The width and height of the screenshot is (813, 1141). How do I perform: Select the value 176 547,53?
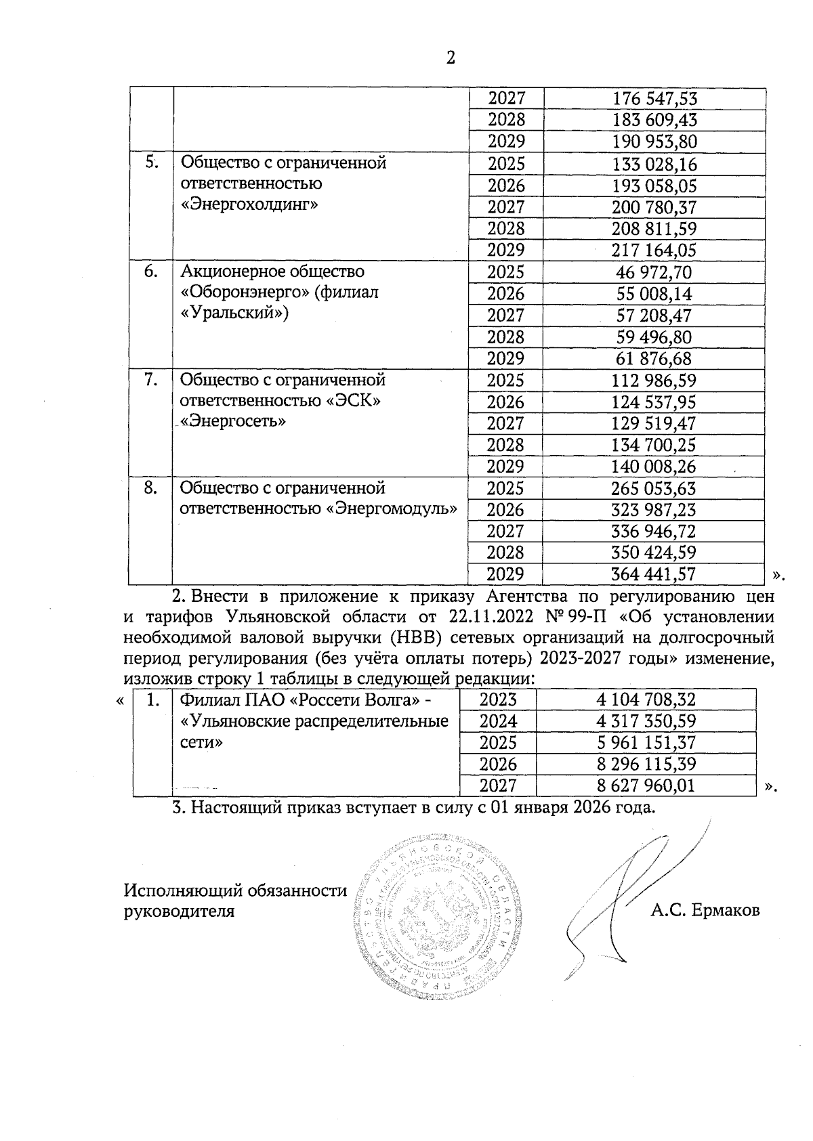654,99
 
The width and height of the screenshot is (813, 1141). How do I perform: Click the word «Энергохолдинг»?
249,205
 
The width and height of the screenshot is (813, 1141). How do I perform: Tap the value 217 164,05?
654,251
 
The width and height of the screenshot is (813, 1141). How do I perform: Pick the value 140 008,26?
654,467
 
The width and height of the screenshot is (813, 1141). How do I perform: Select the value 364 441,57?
654,574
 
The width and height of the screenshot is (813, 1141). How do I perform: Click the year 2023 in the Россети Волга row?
498,699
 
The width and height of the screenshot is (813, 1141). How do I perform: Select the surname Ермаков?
726,911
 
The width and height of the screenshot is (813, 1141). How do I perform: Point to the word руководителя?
180,911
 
